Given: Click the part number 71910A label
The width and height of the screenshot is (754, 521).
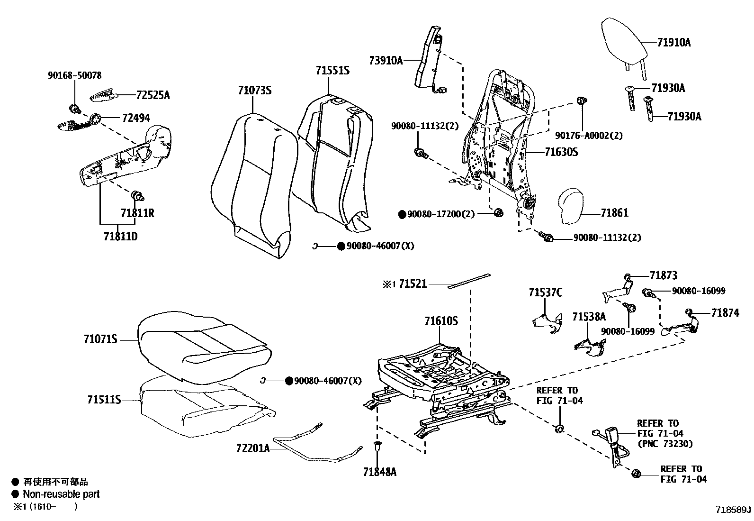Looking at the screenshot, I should (674, 43).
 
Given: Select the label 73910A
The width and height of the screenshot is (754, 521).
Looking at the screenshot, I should (386, 60).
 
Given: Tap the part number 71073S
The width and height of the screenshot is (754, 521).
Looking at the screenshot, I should (255, 90).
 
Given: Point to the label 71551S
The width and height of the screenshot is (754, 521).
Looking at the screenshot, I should (332, 71).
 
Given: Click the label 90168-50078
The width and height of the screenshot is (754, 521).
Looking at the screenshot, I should (75, 75).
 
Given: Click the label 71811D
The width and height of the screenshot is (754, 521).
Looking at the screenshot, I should (120, 236).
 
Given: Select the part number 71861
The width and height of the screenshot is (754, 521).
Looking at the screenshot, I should (615, 213).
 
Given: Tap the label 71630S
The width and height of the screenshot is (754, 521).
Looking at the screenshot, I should (561, 152).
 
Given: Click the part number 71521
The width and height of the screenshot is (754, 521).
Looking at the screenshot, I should (413, 284).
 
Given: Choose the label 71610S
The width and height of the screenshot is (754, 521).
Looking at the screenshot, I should (441, 321).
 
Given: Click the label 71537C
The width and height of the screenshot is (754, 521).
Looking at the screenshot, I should (546, 293).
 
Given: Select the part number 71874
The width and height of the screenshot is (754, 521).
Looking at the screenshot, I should (725, 313).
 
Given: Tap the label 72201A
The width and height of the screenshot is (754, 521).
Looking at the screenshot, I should (253, 448).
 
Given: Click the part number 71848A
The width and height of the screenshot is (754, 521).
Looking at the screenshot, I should (380, 472).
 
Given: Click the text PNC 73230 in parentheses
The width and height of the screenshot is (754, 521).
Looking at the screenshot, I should (664, 444).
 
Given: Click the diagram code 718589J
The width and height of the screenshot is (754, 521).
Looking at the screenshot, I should (733, 510).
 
